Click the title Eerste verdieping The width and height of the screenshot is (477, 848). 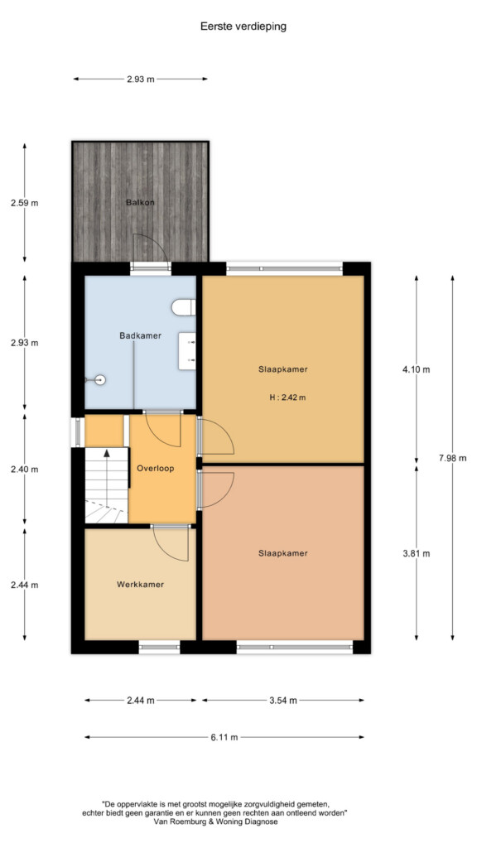tap(243, 26)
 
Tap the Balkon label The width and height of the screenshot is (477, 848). tap(140, 203)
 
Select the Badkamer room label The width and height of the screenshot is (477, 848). tap(140, 336)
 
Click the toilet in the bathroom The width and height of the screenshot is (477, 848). tap(183, 308)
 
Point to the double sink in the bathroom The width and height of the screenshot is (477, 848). tap(187, 351)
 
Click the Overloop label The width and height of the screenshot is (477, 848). tap(155, 469)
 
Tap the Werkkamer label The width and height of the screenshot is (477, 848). tap(140, 584)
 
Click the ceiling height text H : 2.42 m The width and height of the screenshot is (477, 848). tap(287, 398)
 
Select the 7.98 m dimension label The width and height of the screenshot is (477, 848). tap(453, 458)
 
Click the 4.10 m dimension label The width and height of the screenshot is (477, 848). tap(417, 370)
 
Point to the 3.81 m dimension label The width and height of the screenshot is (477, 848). tap(417, 553)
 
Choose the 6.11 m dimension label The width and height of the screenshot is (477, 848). tap(224, 736)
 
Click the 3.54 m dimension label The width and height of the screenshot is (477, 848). tap(283, 701)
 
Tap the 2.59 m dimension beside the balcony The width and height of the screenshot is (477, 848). tap(24, 204)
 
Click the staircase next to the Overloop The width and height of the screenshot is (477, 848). tap(106, 485)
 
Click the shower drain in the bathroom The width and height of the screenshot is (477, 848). tap(99, 379)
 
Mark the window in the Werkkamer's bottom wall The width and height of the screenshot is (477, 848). tap(159, 647)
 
